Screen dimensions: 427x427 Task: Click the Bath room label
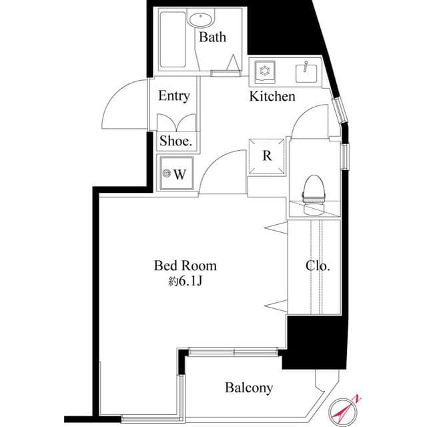(212, 37)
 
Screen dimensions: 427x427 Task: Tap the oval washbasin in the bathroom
(199, 19)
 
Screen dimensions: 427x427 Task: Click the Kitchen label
(272, 97)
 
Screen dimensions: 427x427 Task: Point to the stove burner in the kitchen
(262, 70)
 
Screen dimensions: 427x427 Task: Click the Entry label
(173, 96)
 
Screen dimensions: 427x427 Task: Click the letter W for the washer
(179, 175)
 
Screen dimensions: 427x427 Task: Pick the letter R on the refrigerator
(267, 156)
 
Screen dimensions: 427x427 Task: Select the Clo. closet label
(318, 266)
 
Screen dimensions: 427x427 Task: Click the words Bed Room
(185, 266)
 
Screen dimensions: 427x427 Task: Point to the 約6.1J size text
(185, 282)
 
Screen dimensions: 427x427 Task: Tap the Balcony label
(249, 388)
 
